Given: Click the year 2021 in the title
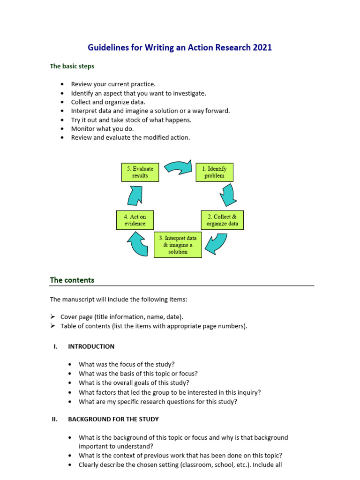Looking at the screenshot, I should (x=262, y=47).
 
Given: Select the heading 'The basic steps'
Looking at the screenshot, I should (x=72, y=66).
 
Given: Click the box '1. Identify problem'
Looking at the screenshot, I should (x=214, y=172).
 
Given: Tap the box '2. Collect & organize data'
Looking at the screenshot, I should (x=222, y=220).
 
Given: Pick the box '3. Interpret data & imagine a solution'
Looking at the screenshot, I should (x=178, y=245).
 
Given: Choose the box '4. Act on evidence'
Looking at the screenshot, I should (x=135, y=220).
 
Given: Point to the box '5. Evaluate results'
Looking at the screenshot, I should (x=140, y=172).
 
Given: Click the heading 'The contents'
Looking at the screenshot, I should (x=72, y=280).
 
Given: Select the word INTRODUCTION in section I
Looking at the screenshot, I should (x=91, y=346).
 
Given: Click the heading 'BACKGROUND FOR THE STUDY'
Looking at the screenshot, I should (x=113, y=419).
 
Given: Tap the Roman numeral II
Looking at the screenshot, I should (x=54, y=419).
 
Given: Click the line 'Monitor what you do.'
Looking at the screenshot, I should (x=102, y=128).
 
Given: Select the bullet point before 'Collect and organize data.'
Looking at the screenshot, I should (x=62, y=102).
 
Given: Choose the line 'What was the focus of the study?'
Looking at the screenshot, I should (x=127, y=364).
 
